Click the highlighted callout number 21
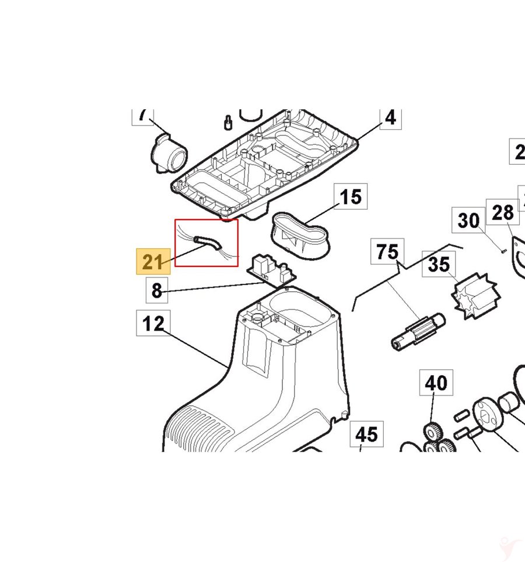(153, 262)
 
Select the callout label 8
(156, 290)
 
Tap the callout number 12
(153, 323)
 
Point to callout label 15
(350, 197)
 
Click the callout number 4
(390, 118)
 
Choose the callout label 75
(387, 253)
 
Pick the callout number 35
(439, 264)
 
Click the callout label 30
(468, 221)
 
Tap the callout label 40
(436, 383)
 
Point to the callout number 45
(366, 435)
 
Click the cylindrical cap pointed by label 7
(170, 153)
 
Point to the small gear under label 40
(432, 432)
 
